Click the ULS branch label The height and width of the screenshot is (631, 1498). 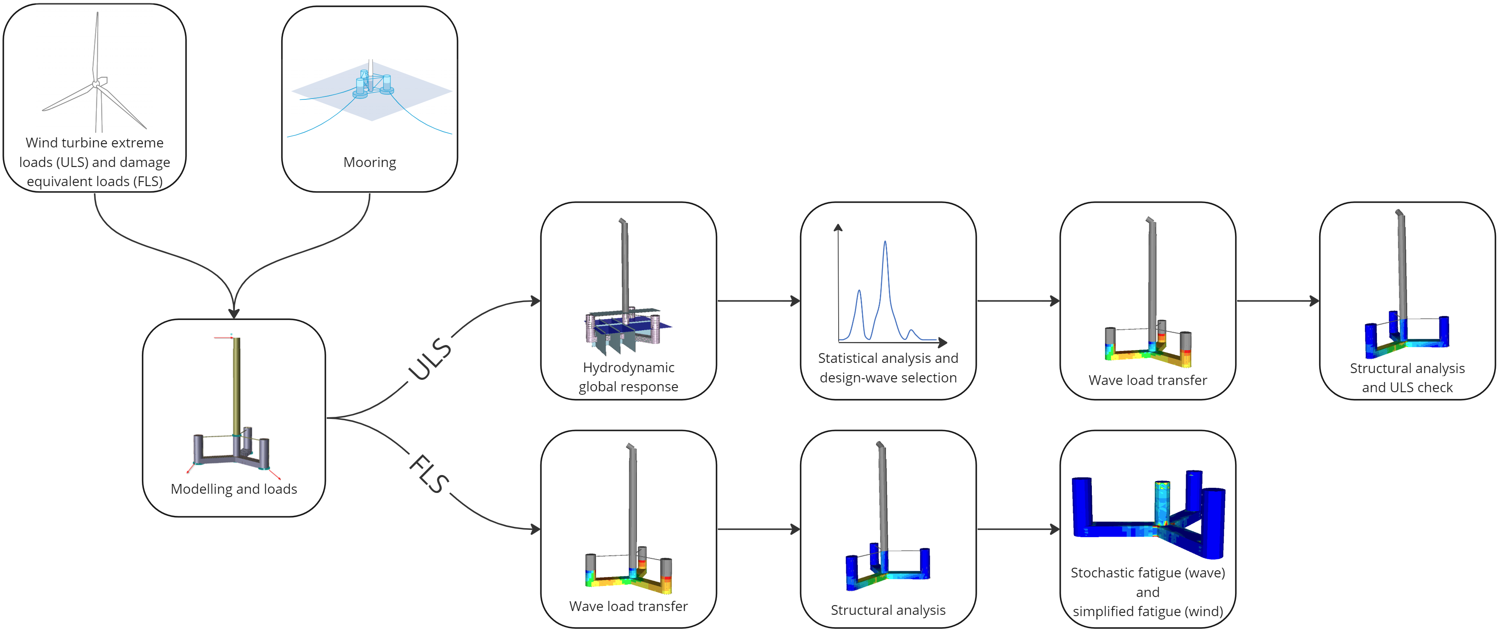point(430,360)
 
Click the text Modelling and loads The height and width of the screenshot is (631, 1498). point(234,489)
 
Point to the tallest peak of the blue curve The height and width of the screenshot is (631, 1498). point(885,241)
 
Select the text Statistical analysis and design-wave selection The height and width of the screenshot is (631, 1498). point(888,368)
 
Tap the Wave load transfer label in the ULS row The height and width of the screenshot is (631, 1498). point(1148,380)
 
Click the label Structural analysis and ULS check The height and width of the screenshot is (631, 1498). point(1407,378)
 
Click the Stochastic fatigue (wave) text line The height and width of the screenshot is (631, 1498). point(1148,573)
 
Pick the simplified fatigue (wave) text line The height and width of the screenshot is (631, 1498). point(1148,612)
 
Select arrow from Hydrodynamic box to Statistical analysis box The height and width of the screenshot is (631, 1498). point(758,301)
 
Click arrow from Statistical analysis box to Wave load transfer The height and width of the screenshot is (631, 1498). point(1018,301)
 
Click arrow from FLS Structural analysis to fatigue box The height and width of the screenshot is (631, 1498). point(1018,529)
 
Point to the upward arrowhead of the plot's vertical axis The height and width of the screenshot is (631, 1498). point(838,227)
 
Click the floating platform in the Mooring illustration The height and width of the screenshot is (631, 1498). point(372,86)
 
